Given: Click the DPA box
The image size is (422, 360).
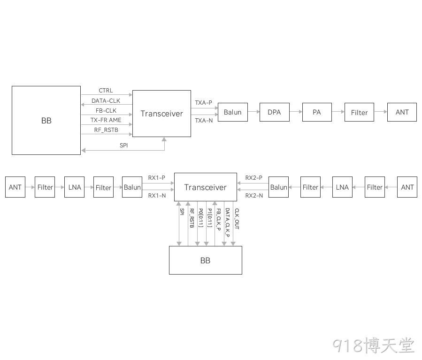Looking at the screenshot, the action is coord(275,112).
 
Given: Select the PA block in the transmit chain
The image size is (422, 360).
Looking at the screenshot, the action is coord(317,112).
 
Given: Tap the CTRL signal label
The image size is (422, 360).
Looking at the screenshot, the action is coord(106,91).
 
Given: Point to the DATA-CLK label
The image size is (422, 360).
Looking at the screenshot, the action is coord(106,100).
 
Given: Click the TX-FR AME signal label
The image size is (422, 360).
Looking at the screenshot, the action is coord(106,120).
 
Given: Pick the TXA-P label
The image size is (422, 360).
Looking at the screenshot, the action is coord(203,102).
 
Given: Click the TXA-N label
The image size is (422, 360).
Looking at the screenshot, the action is coord(204,121).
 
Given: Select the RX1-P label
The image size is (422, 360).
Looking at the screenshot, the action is coord(157,177).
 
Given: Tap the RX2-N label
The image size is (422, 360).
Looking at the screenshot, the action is coord(254,196).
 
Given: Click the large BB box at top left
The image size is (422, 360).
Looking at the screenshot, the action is coord(46,120).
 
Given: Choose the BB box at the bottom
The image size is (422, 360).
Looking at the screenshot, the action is coord(206,260).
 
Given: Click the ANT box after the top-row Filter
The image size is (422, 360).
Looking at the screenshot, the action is coord(402,112).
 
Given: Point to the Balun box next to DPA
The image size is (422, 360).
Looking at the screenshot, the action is coord(233,112).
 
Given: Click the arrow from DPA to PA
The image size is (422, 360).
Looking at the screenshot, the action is coord(296,112).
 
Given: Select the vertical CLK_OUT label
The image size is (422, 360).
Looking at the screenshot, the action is coord(237,219).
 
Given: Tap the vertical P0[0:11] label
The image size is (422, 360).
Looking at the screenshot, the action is coord(201,218).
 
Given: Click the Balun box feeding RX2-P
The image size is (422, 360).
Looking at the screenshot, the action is coord(278,187).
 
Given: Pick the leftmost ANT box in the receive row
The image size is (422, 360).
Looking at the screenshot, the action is coord(15,187).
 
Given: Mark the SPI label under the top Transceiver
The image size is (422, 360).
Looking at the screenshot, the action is coord(124,146).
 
